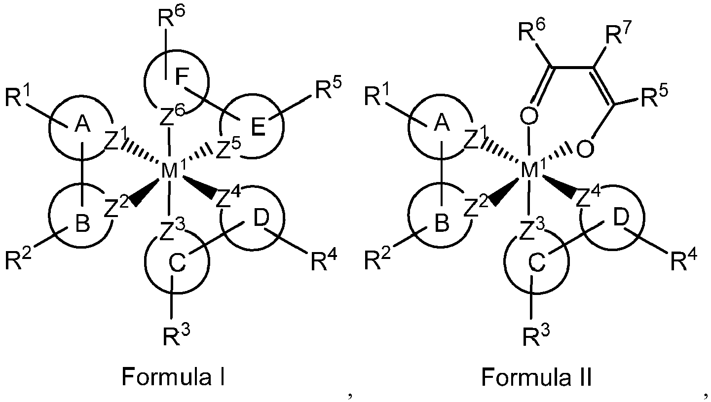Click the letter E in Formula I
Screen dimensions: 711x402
[258, 127]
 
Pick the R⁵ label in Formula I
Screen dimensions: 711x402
[328, 90]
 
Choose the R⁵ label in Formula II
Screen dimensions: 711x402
[654, 96]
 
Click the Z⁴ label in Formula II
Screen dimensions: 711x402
[588, 197]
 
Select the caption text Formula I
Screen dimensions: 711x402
[174, 377]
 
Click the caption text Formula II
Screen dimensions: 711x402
[536, 377]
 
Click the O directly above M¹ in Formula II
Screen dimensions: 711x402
[529, 116]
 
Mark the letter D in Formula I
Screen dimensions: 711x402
[261, 219]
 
